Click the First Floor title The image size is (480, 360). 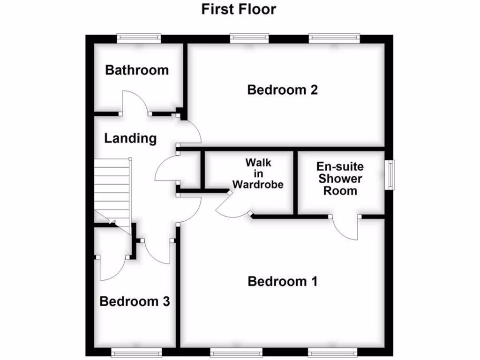[x=239, y=9]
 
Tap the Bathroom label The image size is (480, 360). [x=137, y=70]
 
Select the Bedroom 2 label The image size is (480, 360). [x=282, y=90]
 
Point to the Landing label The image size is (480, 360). [x=130, y=138]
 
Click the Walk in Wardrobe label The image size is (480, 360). [x=258, y=173]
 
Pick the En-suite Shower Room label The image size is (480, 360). [x=340, y=179]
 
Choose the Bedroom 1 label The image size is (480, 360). [x=282, y=281]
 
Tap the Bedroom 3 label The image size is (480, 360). [x=135, y=301]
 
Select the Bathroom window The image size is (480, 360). [x=139, y=38]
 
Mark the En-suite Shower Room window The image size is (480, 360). [x=390, y=174]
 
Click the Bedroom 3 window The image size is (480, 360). [x=137, y=352]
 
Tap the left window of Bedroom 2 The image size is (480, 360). [x=249, y=38]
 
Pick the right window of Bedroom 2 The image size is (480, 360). [x=334, y=38]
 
